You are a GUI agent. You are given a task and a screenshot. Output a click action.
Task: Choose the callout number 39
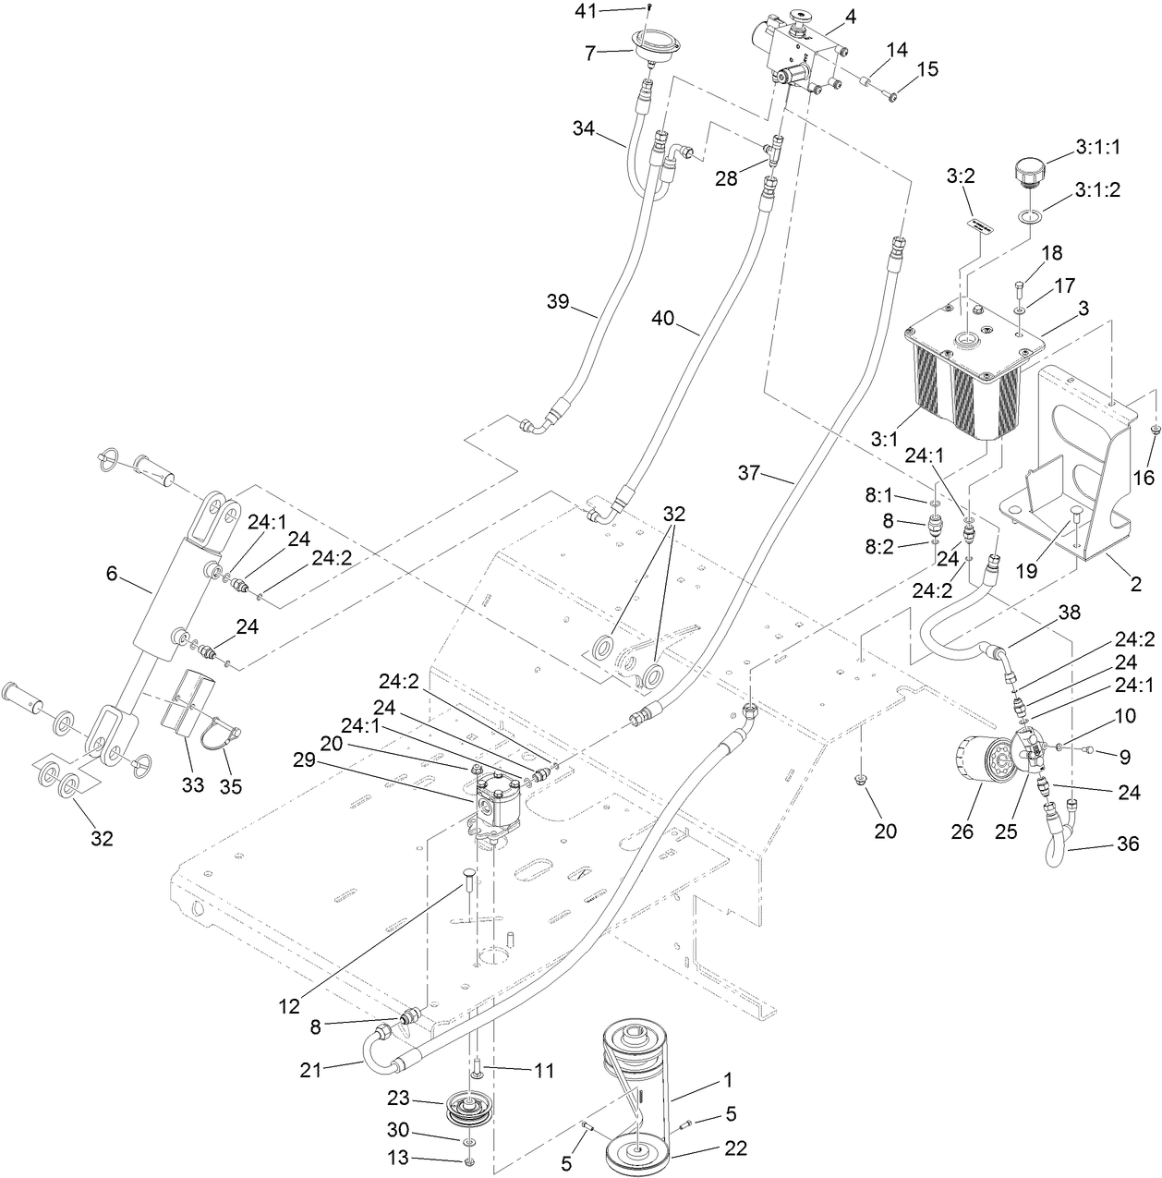tap(556, 301)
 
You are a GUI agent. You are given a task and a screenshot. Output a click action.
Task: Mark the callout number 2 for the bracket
tap(1135, 584)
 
